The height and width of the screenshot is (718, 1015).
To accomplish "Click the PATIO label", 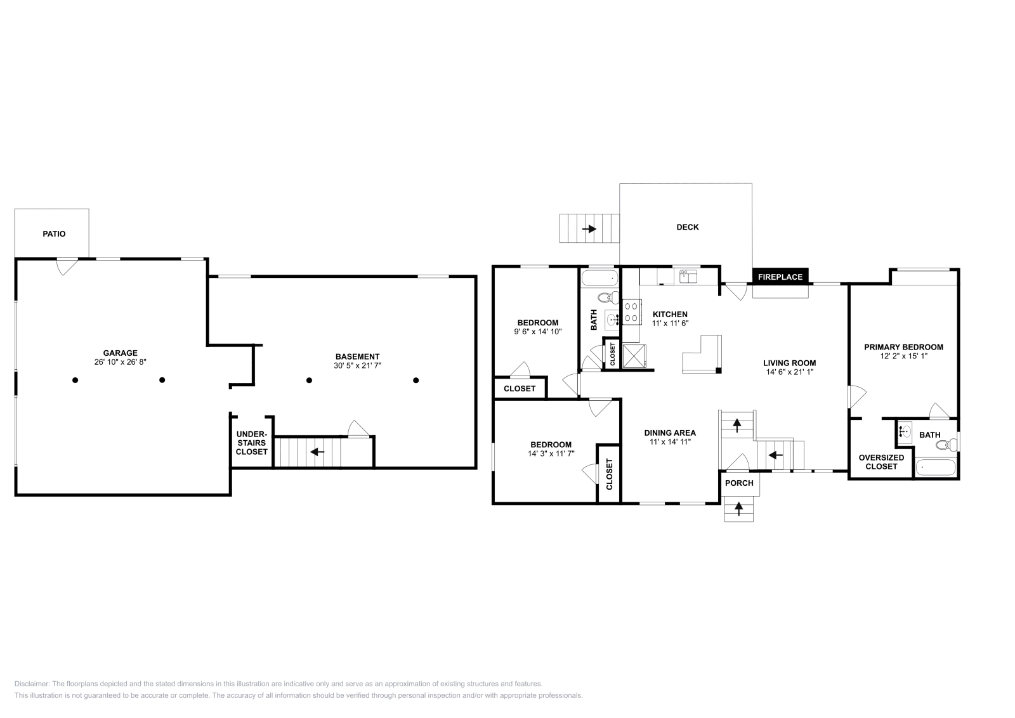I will (54, 234).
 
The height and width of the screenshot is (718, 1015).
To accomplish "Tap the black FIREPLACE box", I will (780, 277).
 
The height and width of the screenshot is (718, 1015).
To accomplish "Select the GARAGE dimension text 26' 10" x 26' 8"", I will (121, 363).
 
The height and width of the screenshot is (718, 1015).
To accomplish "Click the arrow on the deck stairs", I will (590, 229).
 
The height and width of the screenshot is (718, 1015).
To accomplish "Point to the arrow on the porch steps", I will (739, 507).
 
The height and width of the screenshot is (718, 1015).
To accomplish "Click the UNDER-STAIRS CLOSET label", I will (252, 443).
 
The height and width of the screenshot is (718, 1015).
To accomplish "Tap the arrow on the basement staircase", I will (317, 452).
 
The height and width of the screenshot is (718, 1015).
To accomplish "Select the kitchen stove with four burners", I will (632, 312).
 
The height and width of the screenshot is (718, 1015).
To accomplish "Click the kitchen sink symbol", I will (688, 276).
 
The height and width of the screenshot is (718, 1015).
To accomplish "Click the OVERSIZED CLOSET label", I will (881, 462).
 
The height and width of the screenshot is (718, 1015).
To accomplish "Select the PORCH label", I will (739, 483).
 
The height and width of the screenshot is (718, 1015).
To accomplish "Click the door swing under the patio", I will (67, 266).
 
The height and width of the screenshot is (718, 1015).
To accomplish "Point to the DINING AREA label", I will (670, 433).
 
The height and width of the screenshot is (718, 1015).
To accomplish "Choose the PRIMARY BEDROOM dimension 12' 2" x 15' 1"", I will (903, 356).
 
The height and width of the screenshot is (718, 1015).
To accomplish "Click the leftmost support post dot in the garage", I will (75, 381).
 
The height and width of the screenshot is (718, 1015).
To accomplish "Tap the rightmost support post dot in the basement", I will (416, 381).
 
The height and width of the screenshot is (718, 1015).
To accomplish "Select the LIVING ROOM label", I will (789, 363).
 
